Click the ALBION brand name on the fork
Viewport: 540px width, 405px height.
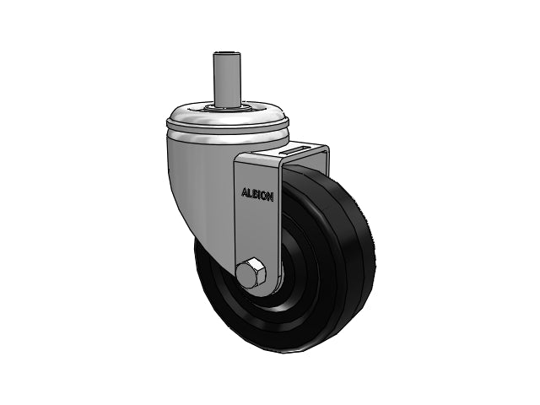coord(257,195)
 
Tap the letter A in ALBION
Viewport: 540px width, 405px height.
coord(244,192)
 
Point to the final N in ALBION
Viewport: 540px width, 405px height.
coord(271,197)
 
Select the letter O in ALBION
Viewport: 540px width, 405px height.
coord(265,196)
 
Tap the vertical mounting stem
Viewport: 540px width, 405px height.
coord(226,80)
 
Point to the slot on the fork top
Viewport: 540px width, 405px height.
coord(294,150)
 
